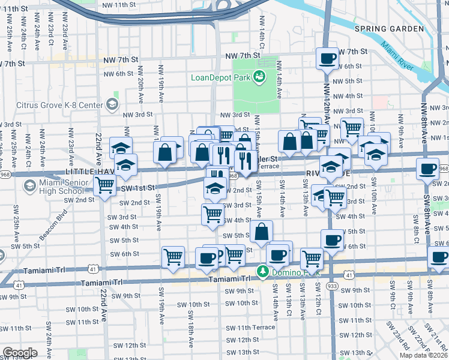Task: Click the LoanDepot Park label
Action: point(220,77)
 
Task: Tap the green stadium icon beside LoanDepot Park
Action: point(259,76)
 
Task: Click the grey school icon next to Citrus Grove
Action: point(112,105)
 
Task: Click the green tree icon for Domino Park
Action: point(262,272)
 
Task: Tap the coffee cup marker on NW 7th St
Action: point(328,59)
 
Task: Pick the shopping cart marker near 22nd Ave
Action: point(105,185)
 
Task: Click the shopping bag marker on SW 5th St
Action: point(262,232)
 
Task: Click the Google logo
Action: point(20,353)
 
